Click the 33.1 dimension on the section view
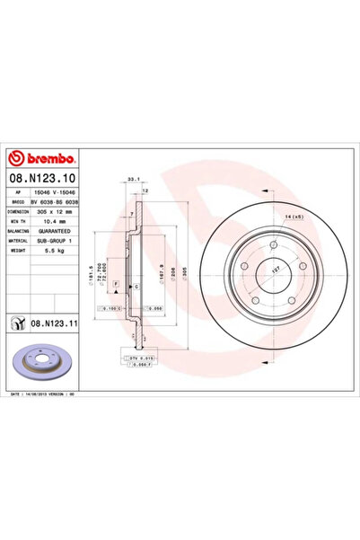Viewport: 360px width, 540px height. pos(134,179)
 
